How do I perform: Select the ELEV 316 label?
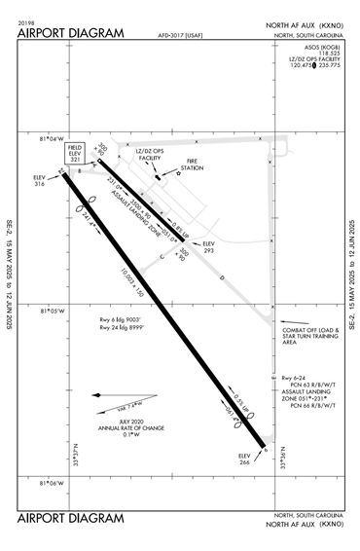(40, 180)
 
